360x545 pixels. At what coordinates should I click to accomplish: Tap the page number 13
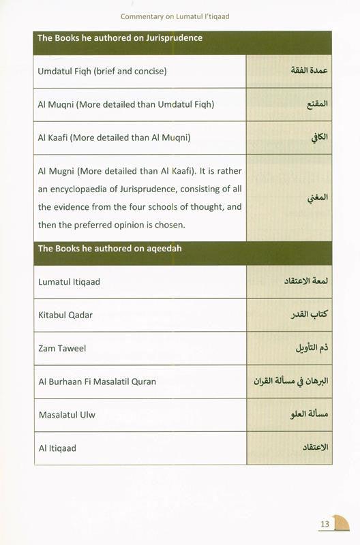click(x=325, y=524)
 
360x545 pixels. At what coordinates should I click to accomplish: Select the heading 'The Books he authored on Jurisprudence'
click(x=120, y=38)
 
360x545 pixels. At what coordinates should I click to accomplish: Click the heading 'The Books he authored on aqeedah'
click(x=109, y=249)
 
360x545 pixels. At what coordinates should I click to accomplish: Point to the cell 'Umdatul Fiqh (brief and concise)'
click(x=102, y=71)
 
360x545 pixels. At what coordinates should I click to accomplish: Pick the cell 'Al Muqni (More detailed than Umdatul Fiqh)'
click(x=126, y=104)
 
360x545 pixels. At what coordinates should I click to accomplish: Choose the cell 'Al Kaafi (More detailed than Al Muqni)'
click(x=115, y=138)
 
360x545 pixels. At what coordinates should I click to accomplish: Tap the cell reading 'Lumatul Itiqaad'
click(x=69, y=281)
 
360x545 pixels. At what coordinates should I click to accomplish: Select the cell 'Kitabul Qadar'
click(x=65, y=315)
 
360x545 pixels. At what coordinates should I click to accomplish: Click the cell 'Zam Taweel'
click(x=62, y=348)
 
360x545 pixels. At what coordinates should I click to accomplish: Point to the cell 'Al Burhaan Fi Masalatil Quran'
click(x=97, y=381)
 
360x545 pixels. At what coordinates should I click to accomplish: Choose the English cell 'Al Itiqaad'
click(x=57, y=448)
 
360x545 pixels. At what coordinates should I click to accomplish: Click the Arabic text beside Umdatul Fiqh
click(x=310, y=72)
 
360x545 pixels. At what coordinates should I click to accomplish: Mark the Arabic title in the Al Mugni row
click(x=318, y=198)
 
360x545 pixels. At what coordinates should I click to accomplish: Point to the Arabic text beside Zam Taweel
click(x=311, y=348)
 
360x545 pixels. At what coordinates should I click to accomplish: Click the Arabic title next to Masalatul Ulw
click(x=307, y=415)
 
